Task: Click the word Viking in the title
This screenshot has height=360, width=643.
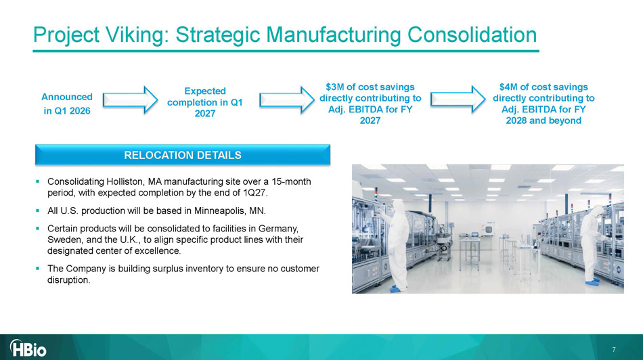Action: tap(137, 35)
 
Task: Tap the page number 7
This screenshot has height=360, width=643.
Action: tap(614, 349)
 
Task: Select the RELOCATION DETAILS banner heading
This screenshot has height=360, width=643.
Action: tap(183, 155)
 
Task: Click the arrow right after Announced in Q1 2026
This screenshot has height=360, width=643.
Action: tap(130, 99)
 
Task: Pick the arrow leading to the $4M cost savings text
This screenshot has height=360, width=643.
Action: tap(458, 99)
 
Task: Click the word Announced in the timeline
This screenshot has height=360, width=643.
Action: tap(67, 97)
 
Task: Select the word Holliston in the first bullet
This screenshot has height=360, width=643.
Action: tap(124, 181)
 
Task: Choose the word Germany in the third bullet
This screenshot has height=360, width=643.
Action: tap(278, 228)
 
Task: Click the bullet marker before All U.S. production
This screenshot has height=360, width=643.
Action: tap(38, 210)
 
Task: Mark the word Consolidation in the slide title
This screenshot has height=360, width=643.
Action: tap(472, 35)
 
